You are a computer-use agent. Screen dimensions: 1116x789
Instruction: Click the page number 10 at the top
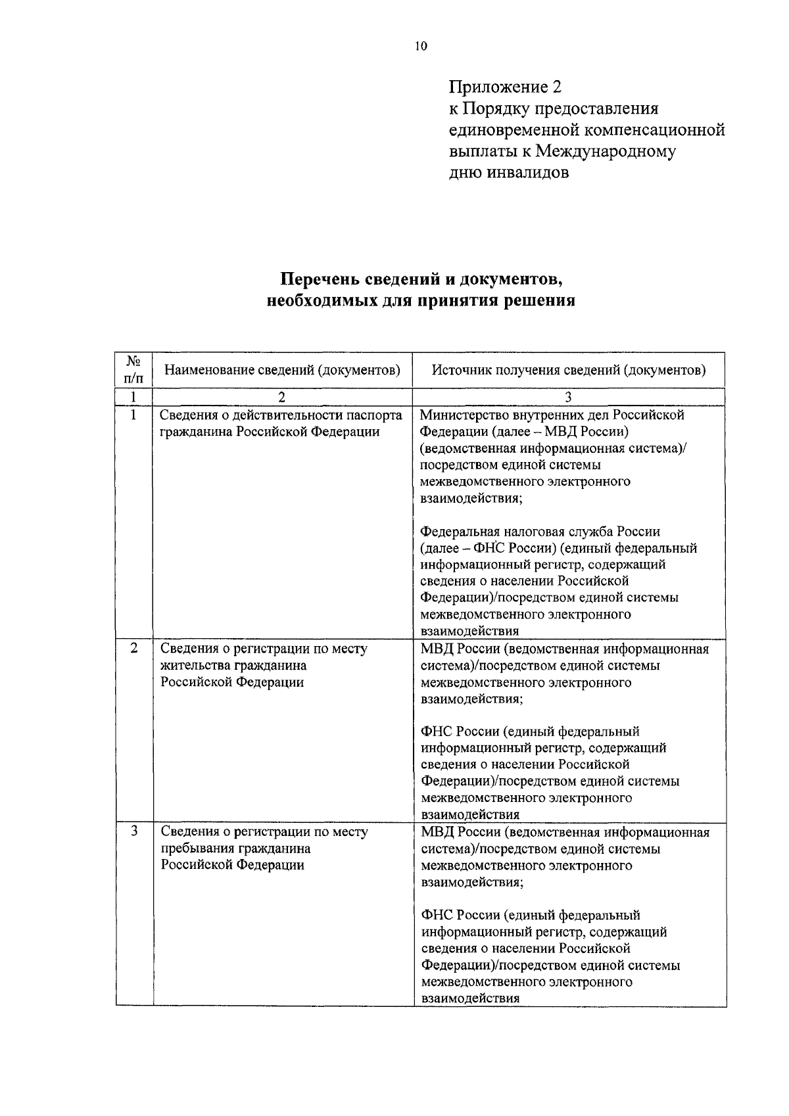coord(421,46)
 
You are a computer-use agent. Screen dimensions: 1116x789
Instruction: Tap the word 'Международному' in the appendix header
coord(606,152)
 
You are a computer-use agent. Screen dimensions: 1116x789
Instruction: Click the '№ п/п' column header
coord(133,369)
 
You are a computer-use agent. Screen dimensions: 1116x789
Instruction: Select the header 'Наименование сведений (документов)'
coord(282,370)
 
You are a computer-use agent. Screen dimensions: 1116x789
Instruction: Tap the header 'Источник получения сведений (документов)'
coord(569,370)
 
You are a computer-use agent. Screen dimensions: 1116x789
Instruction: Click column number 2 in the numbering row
coord(282,397)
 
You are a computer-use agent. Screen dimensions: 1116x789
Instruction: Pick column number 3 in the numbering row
coord(569,397)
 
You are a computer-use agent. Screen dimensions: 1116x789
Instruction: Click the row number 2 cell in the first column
coord(133,649)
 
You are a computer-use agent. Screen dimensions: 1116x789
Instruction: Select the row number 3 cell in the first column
coord(133,832)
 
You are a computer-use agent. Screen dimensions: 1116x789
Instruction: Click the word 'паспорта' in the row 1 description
coord(375,415)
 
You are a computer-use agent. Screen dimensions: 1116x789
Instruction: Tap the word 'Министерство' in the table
coord(461,415)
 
